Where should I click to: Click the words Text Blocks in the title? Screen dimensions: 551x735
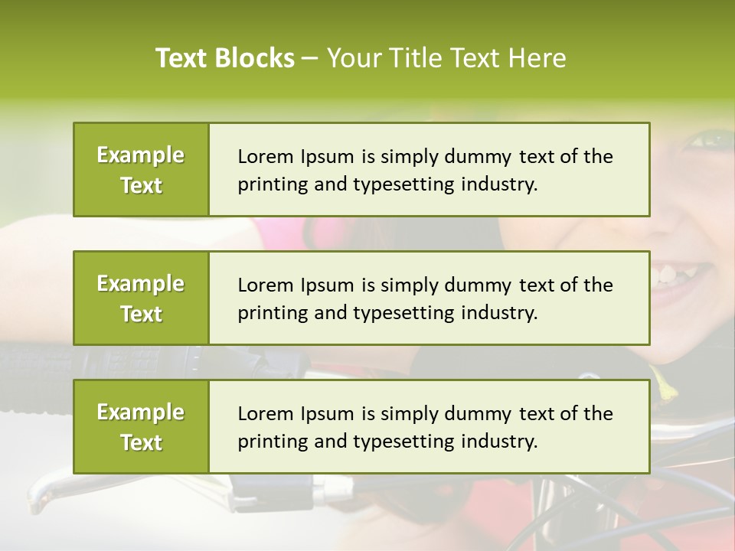point(224,58)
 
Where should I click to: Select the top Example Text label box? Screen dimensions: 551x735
point(141,170)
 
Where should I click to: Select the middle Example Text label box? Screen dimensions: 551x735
point(141,298)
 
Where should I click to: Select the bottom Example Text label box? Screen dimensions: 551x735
point(141,427)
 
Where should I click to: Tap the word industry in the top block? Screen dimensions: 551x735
point(500,184)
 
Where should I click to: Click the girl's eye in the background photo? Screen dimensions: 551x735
point(712,140)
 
